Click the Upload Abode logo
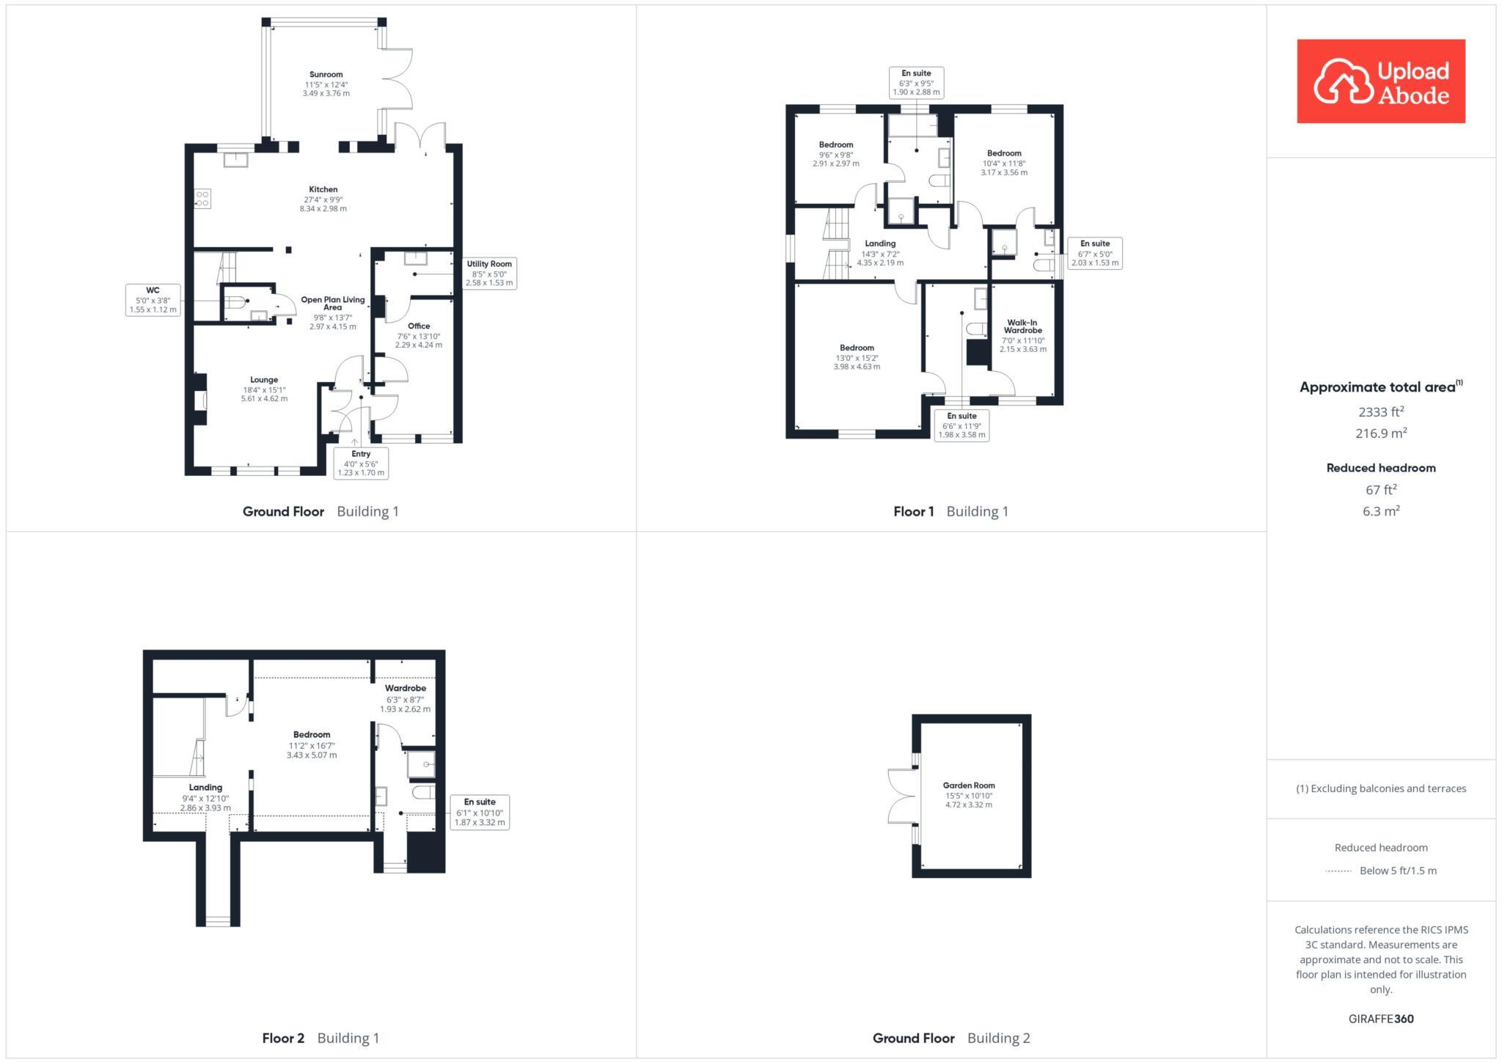pyautogui.click(x=1380, y=81)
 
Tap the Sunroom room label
pyautogui.click(x=326, y=75)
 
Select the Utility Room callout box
pyautogui.click(x=489, y=273)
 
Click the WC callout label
pyautogui.click(x=153, y=300)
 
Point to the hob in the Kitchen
pyautogui.click(x=202, y=199)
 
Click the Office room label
pyautogui.click(x=419, y=326)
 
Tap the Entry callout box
pyautogui.click(x=361, y=464)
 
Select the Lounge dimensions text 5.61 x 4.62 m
pyautogui.click(x=264, y=399)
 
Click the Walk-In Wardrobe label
pyautogui.click(x=1023, y=326)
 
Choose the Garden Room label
pyautogui.click(x=969, y=785)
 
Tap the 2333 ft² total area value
pyautogui.click(x=1381, y=411)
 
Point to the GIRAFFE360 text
pyautogui.click(x=1381, y=1019)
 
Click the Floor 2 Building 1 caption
pyautogui.click(x=320, y=1038)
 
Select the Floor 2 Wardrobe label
pyautogui.click(x=405, y=689)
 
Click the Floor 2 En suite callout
pyautogui.click(x=480, y=812)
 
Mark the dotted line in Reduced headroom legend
pyautogui.click(x=1338, y=871)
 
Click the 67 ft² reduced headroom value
pyautogui.click(x=1381, y=490)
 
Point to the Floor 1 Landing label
pyautogui.click(x=880, y=243)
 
